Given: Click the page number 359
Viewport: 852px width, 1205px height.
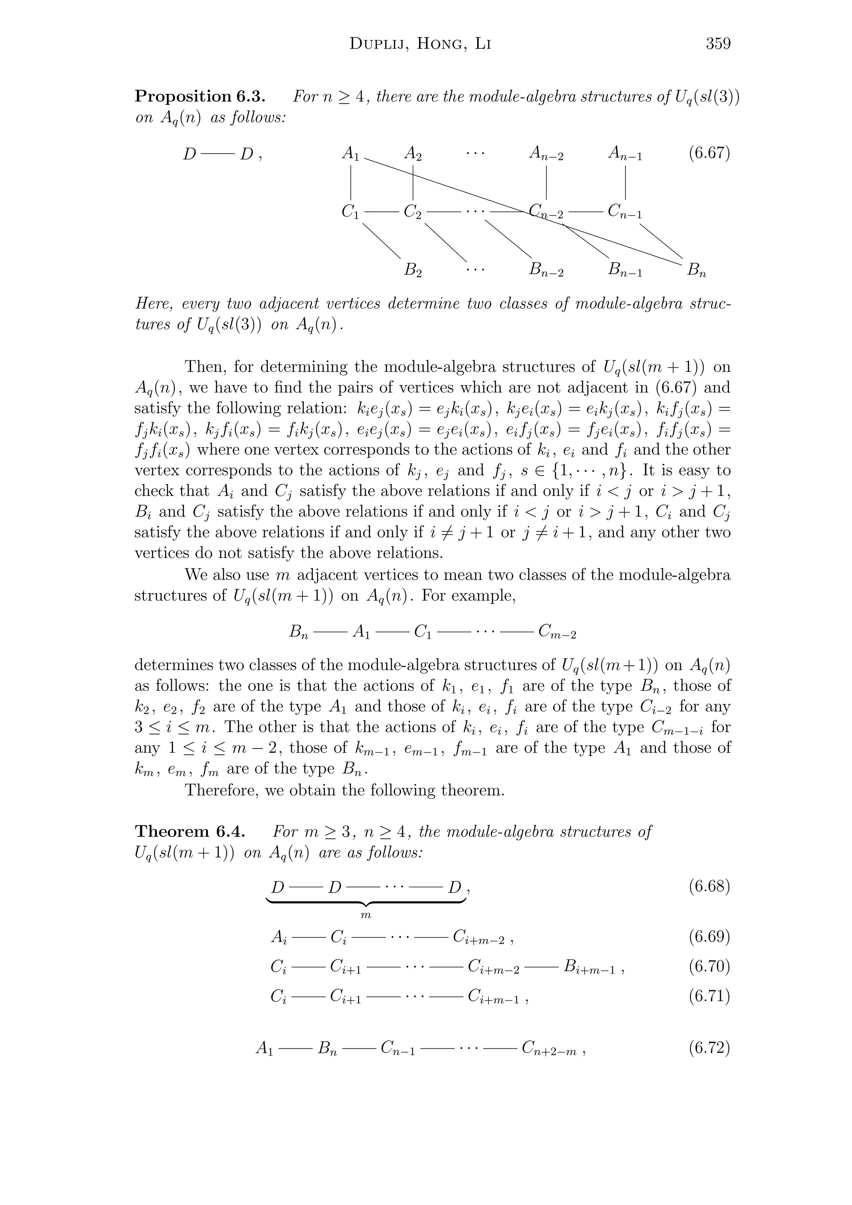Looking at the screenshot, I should [718, 44].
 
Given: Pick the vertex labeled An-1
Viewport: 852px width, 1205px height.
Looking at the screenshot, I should [625, 154].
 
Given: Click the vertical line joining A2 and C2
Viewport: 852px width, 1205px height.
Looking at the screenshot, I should [414, 182].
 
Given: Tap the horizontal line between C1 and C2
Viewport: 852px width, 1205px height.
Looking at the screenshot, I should [381, 212].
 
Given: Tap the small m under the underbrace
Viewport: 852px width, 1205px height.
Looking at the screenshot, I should [366, 915].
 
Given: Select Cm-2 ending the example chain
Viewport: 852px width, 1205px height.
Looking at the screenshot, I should [557, 632].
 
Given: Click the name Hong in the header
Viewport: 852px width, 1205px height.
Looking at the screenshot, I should [439, 44].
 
